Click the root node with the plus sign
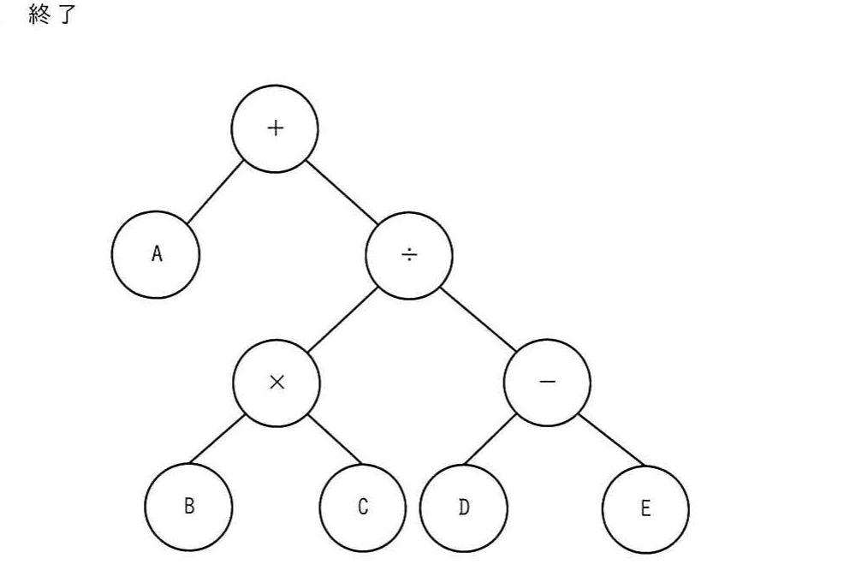(x=275, y=129)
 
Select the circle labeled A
(x=156, y=254)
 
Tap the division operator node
(x=409, y=256)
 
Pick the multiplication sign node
(x=276, y=383)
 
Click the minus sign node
(x=547, y=383)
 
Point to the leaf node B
(x=188, y=507)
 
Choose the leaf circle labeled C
(x=362, y=508)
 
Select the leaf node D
(x=463, y=508)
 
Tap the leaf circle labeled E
(x=645, y=509)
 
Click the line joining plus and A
(x=215, y=193)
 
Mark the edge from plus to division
(x=342, y=193)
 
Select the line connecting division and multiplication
(x=342, y=319)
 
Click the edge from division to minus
(x=478, y=319)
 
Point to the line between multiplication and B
(x=217, y=440)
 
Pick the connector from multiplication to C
(x=334, y=440)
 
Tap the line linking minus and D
(x=489, y=440)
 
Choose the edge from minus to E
(x=612, y=441)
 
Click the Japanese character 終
(x=40, y=14)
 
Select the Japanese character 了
(x=67, y=15)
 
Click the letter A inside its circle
(x=157, y=254)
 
